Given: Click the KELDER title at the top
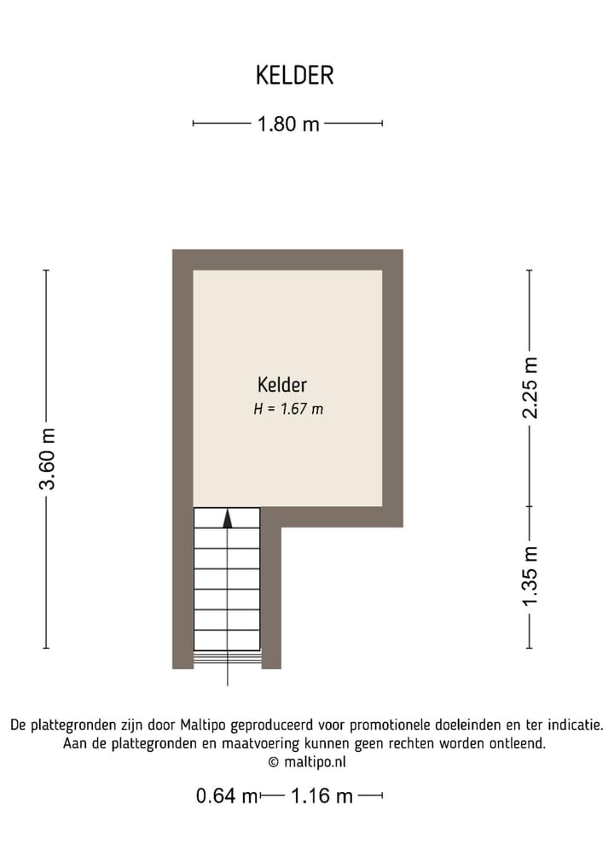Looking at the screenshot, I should click(x=294, y=75).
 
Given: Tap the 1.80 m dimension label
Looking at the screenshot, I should click(x=288, y=125).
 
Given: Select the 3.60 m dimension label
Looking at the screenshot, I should click(x=48, y=458).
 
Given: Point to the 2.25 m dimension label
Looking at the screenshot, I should click(x=531, y=387).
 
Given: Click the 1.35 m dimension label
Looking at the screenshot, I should click(x=531, y=577).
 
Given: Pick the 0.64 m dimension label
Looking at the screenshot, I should click(x=226, y=797).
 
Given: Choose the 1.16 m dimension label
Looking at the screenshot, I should click(x=321, y=797).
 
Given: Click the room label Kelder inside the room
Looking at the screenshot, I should click(x=281, y=386).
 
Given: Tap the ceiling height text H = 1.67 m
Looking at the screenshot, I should click(x=288, y=410).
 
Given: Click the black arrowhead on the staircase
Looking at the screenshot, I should click(x=227, y=519).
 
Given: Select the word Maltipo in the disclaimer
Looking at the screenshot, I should click(x=202, y=726).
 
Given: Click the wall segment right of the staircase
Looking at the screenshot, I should click(x=271, y=597).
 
